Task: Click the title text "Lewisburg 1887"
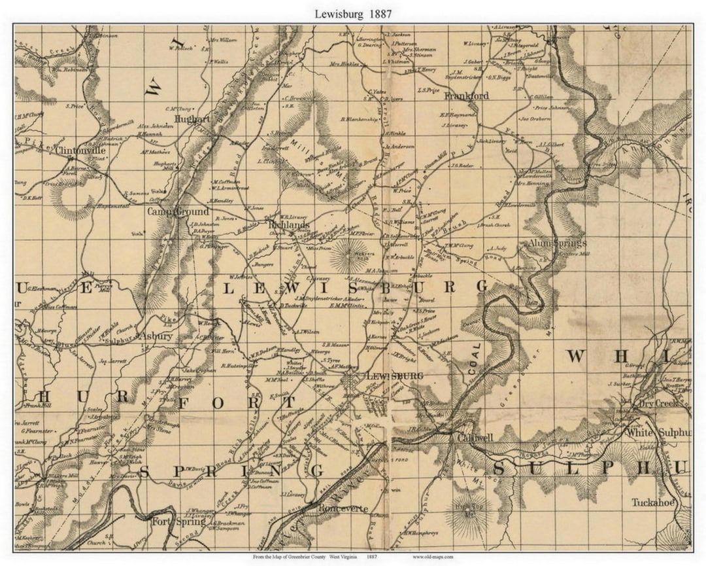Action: click(x=353, y=14)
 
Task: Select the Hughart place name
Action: click(x=193, y=119)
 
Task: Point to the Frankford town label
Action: click(x=466, y=96)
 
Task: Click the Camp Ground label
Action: click(x=178, y=211)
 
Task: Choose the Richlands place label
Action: click(x=289, y=224)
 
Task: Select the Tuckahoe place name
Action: click(x=653, y=503)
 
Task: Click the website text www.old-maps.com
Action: click(x=432, y=557)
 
